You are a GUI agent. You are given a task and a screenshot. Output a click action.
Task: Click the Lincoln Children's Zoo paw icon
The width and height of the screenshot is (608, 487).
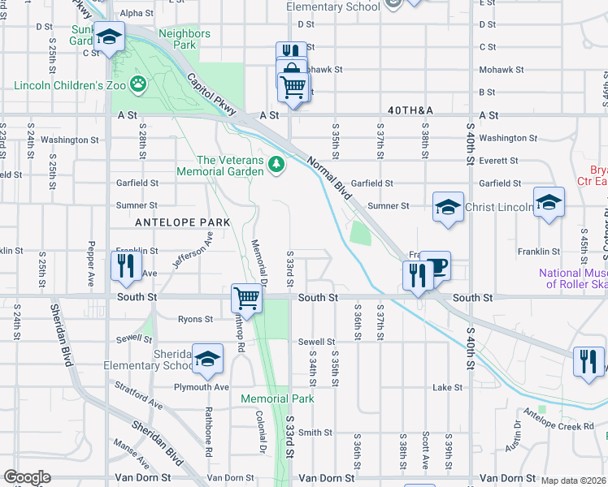click(139, 83)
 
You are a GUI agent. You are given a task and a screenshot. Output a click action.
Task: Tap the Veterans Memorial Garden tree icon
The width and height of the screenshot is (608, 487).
click(277, 165)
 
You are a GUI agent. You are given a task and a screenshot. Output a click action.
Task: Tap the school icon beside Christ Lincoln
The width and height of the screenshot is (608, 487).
click(448, 207)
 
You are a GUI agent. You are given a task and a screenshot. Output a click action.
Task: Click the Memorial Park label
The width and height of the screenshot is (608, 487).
click(277, 399)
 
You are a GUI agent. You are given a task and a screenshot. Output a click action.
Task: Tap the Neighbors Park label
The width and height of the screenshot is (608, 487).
click(185, 39)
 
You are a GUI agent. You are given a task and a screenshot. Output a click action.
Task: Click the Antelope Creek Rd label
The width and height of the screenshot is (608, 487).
click(559, 425)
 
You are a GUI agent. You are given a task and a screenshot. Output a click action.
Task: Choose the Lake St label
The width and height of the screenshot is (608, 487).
click(447, 388)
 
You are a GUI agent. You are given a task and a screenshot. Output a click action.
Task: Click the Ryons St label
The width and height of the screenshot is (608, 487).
click(195, 320)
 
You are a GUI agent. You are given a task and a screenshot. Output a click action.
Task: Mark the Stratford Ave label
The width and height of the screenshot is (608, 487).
click(139, 399)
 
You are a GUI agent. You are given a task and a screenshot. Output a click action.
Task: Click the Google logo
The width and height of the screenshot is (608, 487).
click(27, 477)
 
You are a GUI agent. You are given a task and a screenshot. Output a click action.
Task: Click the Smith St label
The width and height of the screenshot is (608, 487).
click(316, 433)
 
